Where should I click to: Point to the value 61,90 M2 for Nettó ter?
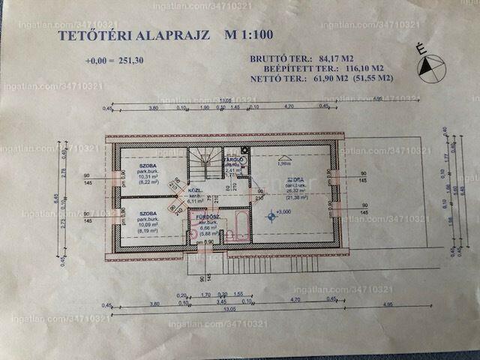328,76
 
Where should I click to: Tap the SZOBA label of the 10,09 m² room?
147,213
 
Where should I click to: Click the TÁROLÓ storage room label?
233,160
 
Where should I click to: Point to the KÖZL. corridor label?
195,190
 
